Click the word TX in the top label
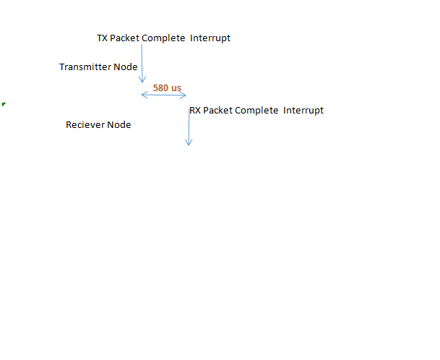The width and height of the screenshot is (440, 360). tap(102, 38)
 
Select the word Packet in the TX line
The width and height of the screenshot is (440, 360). tap(125, 38)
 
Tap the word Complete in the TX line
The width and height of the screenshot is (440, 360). tap(163, 38)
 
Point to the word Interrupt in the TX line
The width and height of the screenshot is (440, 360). tap(211, 38)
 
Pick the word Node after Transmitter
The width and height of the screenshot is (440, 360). tap(126, 67)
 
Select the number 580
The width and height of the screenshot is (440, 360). tap(161, 88)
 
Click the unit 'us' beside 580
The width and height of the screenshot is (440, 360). tap(176, 88)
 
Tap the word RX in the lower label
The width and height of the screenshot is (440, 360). tap(195, 111)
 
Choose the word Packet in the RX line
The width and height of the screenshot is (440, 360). tap(218, 111)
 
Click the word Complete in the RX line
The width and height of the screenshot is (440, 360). tap(256, 111)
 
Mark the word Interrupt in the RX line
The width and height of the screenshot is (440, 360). tap(303, 111)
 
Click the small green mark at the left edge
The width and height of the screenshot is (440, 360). tap(4, 105)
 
